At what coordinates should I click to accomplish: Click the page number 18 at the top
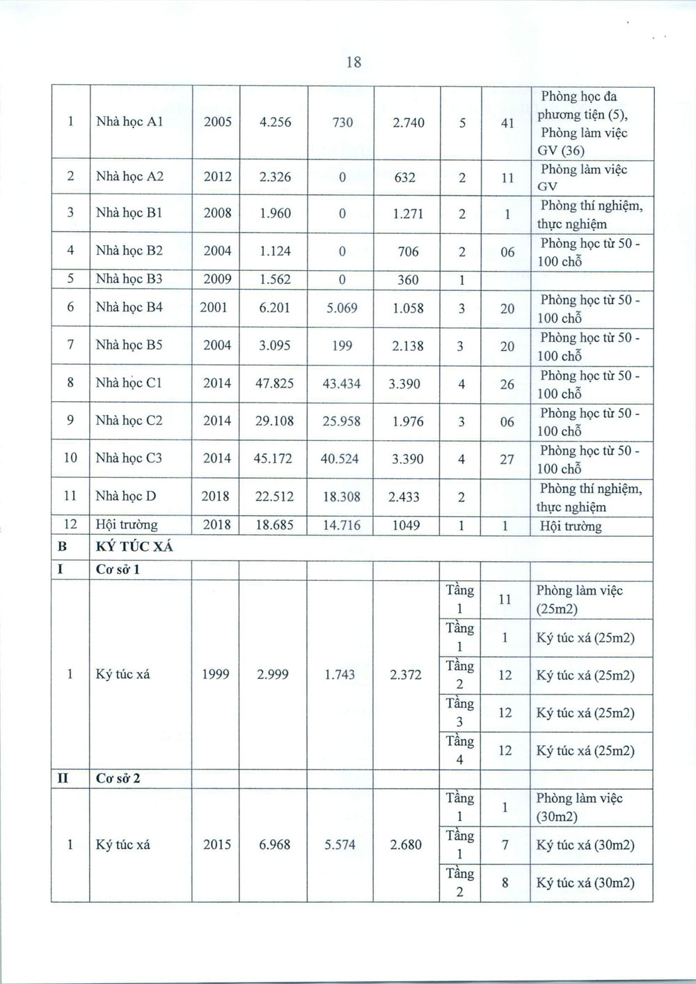[x=354, y=62]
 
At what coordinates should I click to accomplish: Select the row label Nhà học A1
[x=129, y=122]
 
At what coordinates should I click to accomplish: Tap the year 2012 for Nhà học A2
[x=217, y=177]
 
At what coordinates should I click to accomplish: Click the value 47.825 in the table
[x=274, y=383]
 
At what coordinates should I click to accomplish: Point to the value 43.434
[x=341, y=384]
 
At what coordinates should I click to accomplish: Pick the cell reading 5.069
[x=341, y=308]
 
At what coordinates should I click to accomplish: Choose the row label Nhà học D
[x=125, y=497]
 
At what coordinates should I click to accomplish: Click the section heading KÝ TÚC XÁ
[x=134, y=547]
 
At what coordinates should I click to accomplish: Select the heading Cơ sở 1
[x=118, y=570]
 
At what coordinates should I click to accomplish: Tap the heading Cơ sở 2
[x=118, y=779]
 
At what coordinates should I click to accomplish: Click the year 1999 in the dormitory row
[x=215, y=674]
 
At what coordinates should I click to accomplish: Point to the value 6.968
[x=274, y=845]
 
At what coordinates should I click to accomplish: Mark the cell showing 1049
[x=406, y=525]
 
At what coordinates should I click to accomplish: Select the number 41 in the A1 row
[x=507, y=123]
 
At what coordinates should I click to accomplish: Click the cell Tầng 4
[x=459, y=750]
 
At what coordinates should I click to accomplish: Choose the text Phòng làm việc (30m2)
[x=578, y=807]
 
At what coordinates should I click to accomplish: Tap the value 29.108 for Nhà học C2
[x=274, y=421]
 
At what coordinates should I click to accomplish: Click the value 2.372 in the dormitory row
[x=406, y=674]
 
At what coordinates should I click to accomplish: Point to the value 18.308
[x=341, y=497]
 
